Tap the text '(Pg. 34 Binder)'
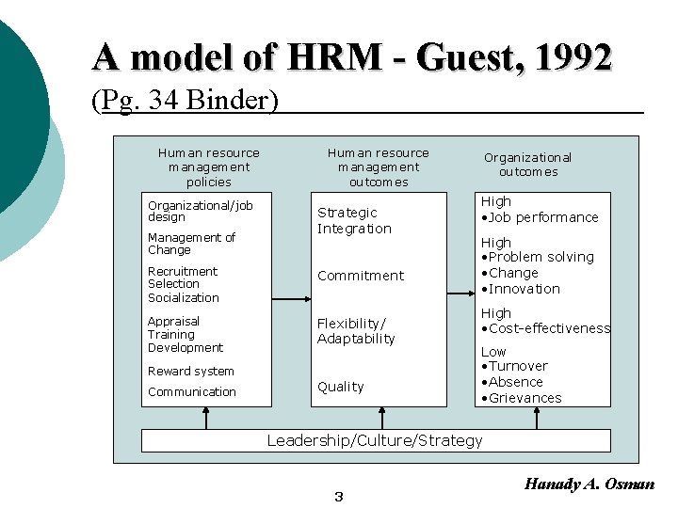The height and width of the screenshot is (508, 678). (x=185, y=100)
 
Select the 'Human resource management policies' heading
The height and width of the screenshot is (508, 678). (x=209, y=167)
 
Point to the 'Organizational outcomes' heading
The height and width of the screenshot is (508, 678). (x=527, y=165)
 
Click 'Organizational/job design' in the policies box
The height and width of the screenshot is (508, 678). (x=201, y=211)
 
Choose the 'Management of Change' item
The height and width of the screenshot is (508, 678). (x=191, y=244)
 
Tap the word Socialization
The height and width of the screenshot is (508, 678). (x=184, y=297)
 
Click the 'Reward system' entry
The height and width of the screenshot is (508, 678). (x=191, y=372)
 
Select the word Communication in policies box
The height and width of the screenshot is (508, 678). (x=192, y=392)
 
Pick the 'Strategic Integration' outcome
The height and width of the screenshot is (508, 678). (x=354, y=220)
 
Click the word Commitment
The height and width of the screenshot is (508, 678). (x=361, y=276)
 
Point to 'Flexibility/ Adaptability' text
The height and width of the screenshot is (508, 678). (x=356, y=331)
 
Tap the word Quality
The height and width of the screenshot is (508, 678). (x=341, y=387)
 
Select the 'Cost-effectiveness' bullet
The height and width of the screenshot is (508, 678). (x=549, y=328)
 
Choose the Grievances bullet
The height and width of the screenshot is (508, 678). (x=525, y=398)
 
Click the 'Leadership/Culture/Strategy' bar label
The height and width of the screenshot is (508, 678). (x=375, y=440)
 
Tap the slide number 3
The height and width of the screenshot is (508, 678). (x=339, y=497)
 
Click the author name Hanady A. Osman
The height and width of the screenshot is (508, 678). (x=589, y=484)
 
